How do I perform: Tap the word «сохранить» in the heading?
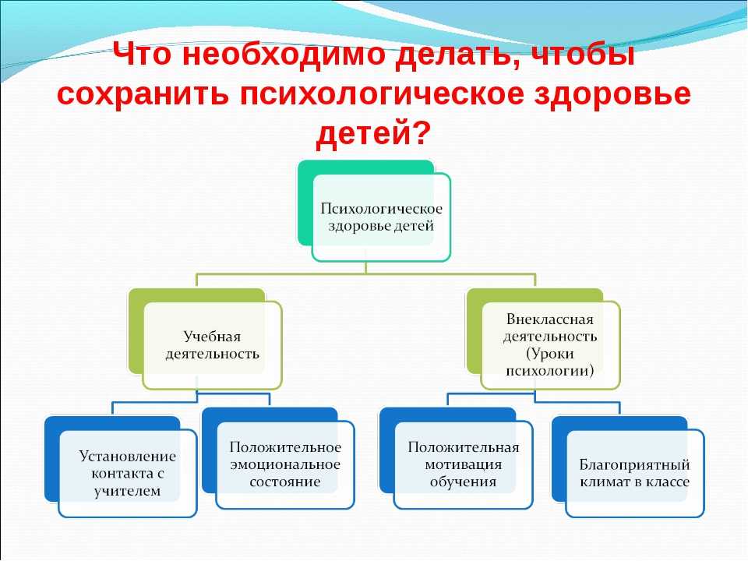tap(143, 93)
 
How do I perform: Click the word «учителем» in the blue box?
tap(127, 490)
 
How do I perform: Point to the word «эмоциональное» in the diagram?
tap(285, 464)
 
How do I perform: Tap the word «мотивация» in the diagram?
tap(463, 464)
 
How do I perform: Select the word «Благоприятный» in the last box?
tap(634, 464)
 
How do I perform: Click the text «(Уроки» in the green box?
tap(549, 354)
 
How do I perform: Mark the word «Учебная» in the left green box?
tap(212, 337)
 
